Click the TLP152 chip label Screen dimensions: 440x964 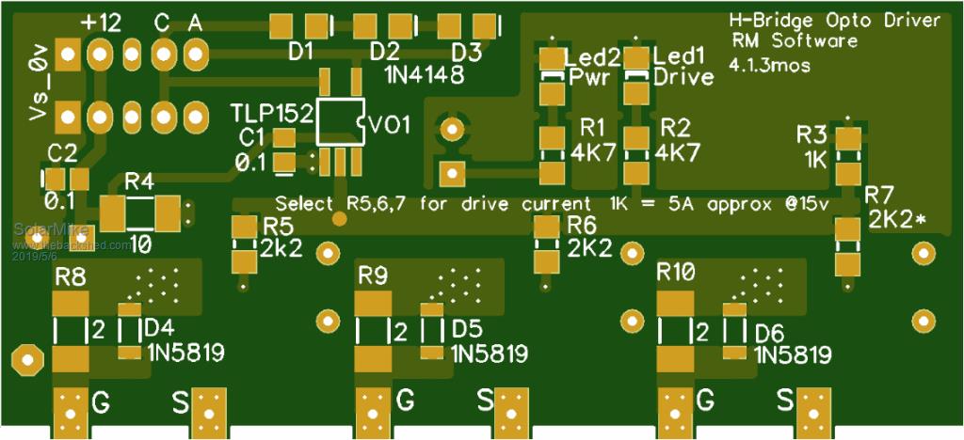[272, 114]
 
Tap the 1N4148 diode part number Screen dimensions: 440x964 [424, 74]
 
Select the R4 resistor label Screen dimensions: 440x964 [138, 181]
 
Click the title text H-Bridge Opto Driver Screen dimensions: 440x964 [834, 21]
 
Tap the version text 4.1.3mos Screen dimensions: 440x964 [769, 65]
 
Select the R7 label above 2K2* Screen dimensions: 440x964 [879, 196]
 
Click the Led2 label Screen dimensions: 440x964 [591, 56]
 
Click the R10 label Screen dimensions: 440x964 [676, 274]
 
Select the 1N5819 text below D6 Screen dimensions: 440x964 [793, 355]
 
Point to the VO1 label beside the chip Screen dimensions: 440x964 [391, 125]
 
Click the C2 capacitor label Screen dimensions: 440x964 [61, 153]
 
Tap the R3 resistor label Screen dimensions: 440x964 [811, 134]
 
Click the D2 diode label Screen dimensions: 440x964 [384, 51]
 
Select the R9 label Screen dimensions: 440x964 [374, 275]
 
